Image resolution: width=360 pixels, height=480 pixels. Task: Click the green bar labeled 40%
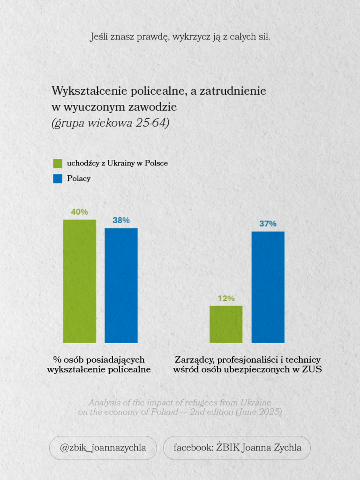click(80, 281)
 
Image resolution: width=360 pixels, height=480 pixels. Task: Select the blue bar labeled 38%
click(121, 285)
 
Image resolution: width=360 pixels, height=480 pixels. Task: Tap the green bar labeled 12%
click(226, 324)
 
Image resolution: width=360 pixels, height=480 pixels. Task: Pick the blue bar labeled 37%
click(268, 287)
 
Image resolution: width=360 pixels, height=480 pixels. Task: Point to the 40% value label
click(80, 212)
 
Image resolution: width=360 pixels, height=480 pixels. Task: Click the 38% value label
click(121, 220)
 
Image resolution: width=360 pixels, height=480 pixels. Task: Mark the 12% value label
click(226, 298)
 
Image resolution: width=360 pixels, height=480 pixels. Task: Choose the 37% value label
click(268, 224)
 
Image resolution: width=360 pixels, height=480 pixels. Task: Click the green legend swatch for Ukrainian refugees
click(58, 164)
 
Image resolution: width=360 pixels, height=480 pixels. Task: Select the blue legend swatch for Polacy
click(58, 179)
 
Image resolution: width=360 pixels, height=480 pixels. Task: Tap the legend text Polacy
click(79, 179)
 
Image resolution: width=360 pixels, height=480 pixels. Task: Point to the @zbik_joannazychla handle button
click(103, 448)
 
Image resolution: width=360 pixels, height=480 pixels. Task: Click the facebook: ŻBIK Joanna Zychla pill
click(237, 448)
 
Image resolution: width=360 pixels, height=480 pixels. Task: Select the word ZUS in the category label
click(312, 369)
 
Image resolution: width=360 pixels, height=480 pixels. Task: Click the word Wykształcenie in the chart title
click(90, 91)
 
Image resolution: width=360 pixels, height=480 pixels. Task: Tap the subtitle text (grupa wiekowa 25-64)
click(111, 123)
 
